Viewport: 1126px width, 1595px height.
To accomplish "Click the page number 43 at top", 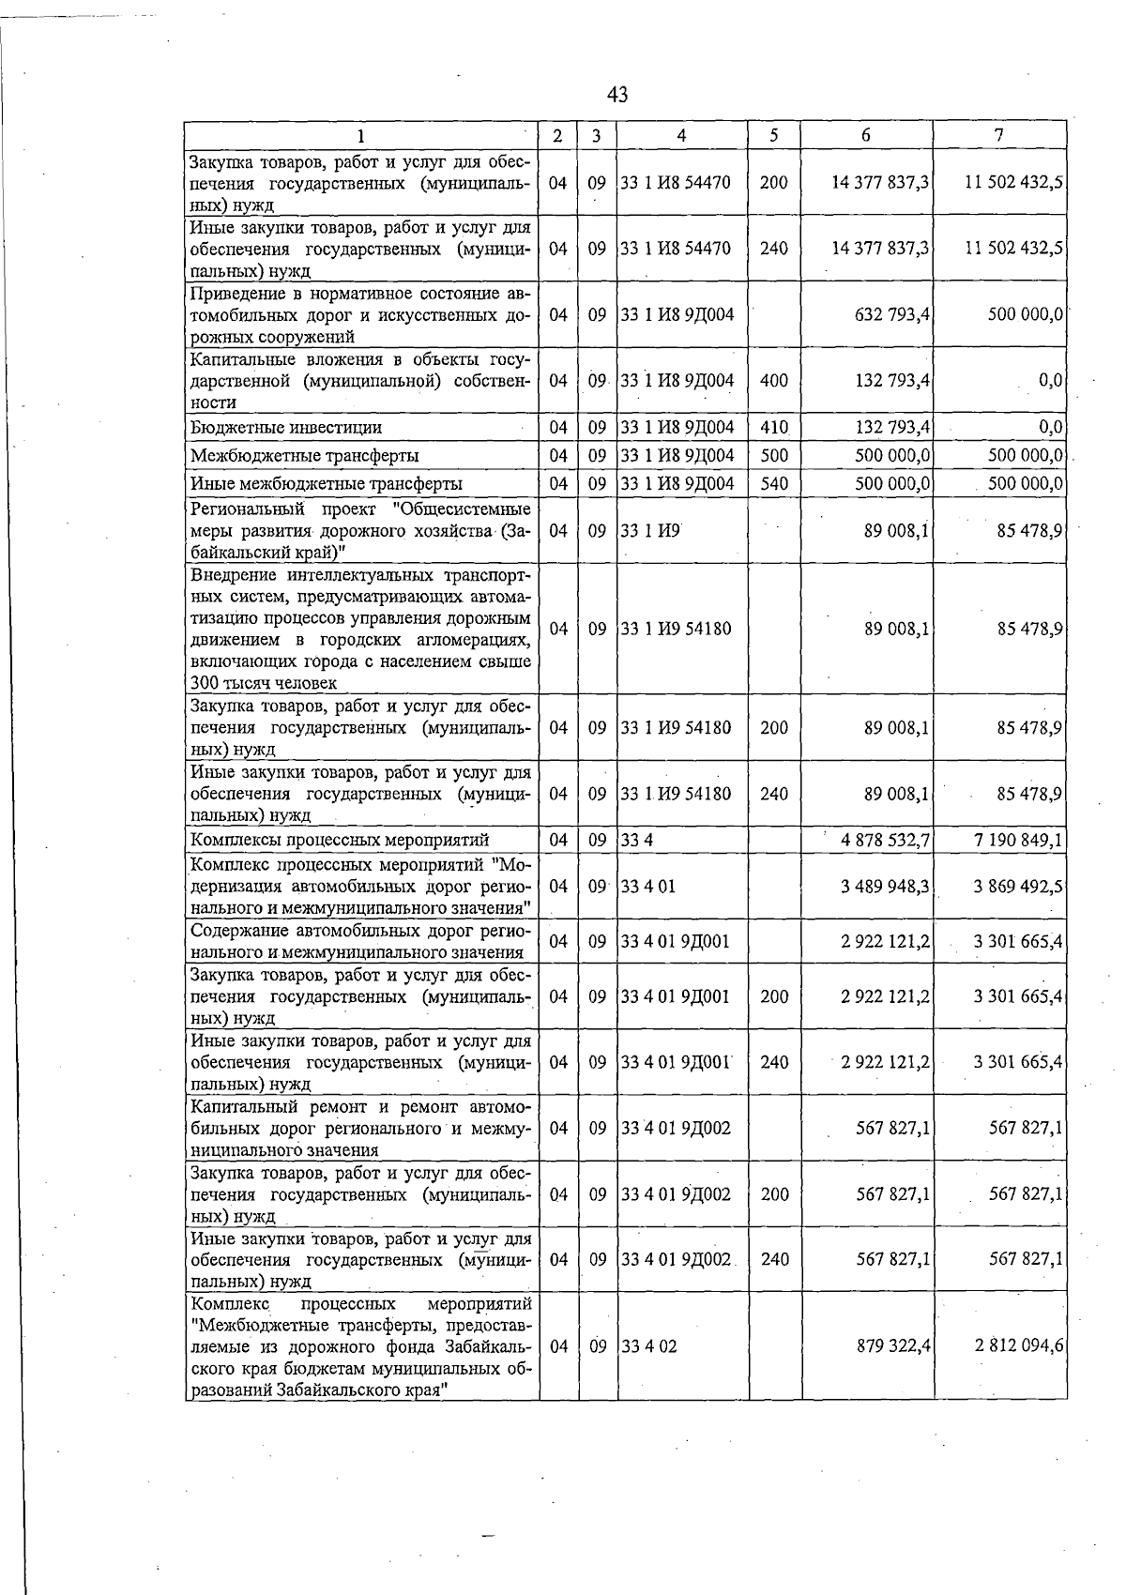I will pos(617,95).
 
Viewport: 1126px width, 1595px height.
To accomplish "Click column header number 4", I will pos(681,135).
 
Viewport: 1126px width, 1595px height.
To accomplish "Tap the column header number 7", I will pos(999,135).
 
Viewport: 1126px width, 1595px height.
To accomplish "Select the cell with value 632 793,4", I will pos(882,314).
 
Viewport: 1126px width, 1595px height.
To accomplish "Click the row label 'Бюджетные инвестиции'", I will pos(286,428).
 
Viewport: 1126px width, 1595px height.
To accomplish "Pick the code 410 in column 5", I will pos(774,428).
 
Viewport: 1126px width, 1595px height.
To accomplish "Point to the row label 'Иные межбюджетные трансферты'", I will pos(326,484).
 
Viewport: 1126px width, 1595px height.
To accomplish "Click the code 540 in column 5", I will pos(774,484).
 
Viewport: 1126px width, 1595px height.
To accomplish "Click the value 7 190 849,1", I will pos(1018,840).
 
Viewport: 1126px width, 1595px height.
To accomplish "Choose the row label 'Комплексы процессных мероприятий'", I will pos(340,840).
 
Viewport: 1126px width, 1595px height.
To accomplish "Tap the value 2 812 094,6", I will pos(1018,1346).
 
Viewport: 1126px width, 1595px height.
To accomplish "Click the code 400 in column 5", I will pos(774,381).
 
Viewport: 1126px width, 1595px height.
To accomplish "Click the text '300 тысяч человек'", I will pos(263,683).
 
